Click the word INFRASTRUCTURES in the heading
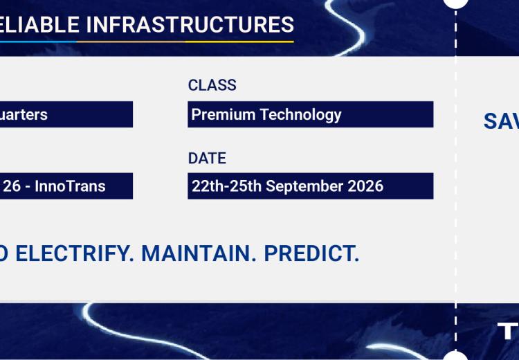coord(190,24)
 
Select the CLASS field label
coord(212,85)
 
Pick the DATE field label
coord(207,158)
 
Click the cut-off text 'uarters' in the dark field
coord(24,114)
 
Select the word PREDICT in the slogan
coord(311,253)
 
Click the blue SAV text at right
coord(501,121)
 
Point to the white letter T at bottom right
coord(508,332)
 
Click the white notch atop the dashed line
coord(455,2)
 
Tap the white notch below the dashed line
coord(455,357)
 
